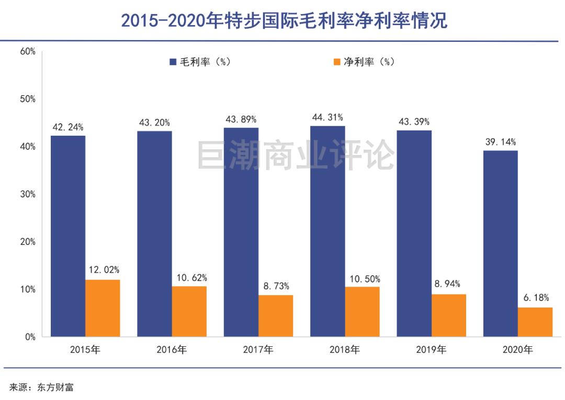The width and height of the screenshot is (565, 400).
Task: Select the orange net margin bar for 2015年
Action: pos(103,308)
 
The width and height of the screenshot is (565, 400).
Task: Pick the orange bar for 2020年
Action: pos(535,322)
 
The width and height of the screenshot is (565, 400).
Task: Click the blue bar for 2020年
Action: pos(500,243)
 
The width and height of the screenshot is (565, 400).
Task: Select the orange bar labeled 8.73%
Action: pos(276,316)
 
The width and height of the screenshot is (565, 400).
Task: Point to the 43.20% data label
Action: pos(154,123)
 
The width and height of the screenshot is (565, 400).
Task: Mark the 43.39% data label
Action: pos(414,122)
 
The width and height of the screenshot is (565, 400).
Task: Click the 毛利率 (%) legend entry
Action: pos(200,62)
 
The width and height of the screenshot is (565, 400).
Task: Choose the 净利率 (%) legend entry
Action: pos(364,62)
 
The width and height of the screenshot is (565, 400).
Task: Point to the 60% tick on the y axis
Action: pos(27,51)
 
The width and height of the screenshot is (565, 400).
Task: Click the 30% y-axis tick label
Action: pos(27,194)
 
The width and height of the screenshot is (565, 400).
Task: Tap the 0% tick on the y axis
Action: pos(30,337)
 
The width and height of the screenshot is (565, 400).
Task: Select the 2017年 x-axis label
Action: pos(258,350)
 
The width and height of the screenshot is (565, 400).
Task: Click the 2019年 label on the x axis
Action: pos(431,350)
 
